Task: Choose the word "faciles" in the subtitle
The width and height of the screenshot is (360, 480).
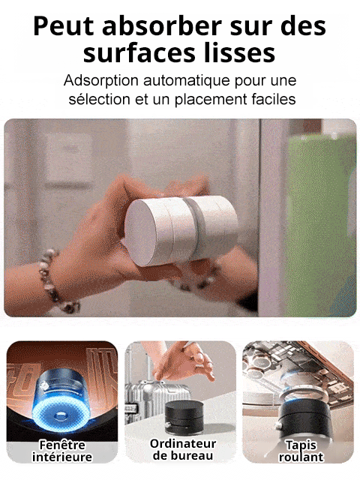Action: [271, 98]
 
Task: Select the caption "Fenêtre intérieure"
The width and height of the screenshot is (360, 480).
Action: [61, 450]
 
